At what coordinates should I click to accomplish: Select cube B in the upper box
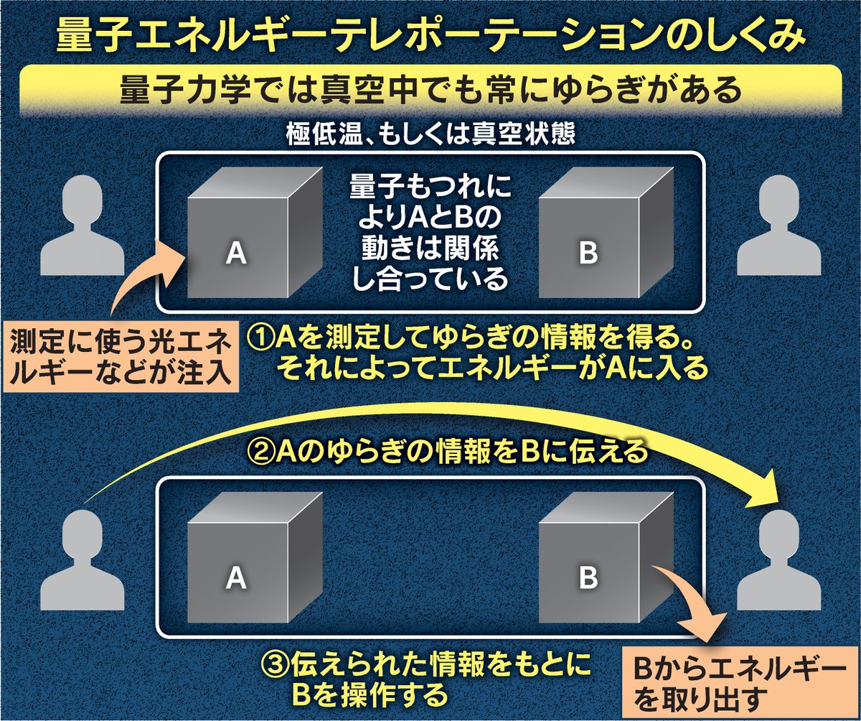click(x=588, y=237)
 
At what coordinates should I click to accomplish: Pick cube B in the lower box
click(x=588, y=564)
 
